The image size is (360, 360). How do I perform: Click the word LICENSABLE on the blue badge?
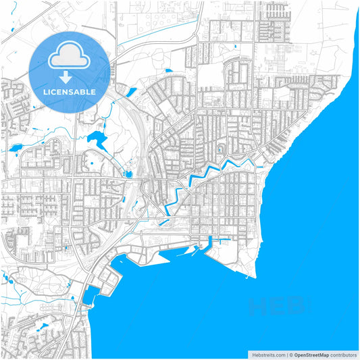tap(70, 92)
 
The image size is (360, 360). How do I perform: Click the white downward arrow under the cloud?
tap(70, 76)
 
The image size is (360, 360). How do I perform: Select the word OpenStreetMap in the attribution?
tap(311, 354)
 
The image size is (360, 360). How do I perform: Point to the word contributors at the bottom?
tap(344, 354)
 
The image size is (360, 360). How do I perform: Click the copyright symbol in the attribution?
tap(290, 354)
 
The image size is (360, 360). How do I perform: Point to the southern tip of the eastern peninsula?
tap(253, 277)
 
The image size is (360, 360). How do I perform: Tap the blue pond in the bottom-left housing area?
tap(43, 328)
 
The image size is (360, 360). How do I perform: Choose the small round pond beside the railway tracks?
tap(128, 174)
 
